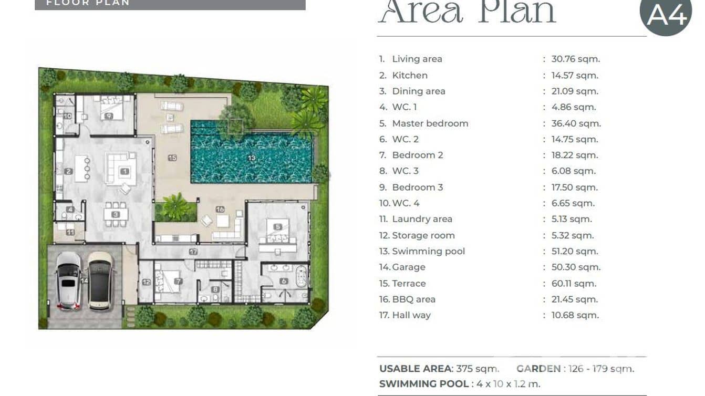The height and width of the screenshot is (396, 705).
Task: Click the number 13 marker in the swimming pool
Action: [252, 158]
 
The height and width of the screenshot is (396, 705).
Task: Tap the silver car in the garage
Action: [68, 281]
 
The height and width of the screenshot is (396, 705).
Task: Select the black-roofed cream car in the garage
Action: [100, 281]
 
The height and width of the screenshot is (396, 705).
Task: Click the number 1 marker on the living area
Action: [125, 171]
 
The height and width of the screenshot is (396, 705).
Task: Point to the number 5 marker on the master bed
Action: [277, 227]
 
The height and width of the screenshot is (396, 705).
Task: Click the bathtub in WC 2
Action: [301, 276]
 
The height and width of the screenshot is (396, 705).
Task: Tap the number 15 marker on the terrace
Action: [172, 158]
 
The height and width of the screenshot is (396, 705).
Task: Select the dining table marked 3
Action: [116, 214]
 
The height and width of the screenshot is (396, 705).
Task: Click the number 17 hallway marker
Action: [193, 252]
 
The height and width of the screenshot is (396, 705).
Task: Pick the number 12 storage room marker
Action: [147, 282]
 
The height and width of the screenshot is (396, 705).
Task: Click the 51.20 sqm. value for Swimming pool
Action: [575, 252]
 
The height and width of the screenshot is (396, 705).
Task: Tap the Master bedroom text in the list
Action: [430, 123]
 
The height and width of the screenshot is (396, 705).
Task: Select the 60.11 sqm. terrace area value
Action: [574, 284]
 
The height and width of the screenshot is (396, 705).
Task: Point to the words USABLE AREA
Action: [416, 368]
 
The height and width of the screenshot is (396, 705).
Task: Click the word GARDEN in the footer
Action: [538, 368]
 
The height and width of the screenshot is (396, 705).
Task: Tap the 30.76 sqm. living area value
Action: [576, 59]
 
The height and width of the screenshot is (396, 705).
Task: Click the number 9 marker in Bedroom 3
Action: [109, 116]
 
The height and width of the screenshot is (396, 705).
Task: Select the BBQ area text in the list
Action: [413, 299]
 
